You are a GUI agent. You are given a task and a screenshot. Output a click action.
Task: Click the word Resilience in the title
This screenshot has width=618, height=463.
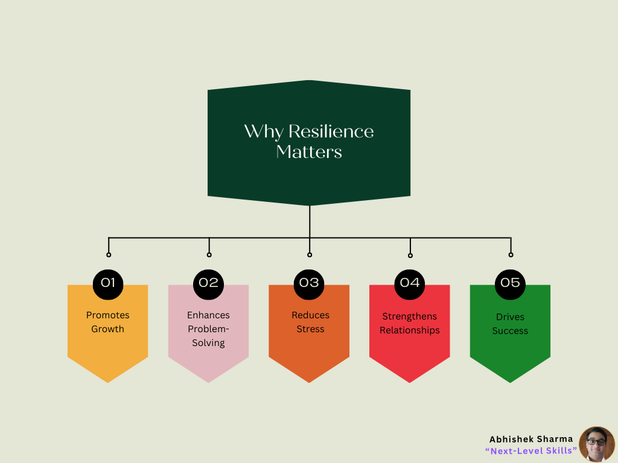(331, 131)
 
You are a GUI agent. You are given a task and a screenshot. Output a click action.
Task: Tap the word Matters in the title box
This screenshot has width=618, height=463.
(309, 152)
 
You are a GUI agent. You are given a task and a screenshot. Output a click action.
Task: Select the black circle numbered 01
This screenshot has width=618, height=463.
(108, 285)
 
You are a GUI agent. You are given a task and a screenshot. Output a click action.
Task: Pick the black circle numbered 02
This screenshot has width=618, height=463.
(208, 285)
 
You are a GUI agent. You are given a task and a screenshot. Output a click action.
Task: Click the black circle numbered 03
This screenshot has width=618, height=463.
(309, 285)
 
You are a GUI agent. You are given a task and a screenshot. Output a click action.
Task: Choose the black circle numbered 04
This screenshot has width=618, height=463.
(410, 285)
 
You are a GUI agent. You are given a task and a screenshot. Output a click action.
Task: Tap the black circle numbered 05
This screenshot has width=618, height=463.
(510, 285)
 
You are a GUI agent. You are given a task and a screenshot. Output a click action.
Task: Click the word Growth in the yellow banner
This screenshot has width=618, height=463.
(107, 329)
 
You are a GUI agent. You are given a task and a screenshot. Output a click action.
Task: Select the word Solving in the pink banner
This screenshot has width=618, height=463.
(208, 343)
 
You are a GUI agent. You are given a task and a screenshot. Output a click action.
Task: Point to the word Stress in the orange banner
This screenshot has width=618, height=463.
(311, 329)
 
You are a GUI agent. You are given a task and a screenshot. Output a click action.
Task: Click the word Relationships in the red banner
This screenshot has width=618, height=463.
(410, 330)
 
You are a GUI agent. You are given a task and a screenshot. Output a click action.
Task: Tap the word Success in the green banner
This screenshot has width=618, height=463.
(510, 331)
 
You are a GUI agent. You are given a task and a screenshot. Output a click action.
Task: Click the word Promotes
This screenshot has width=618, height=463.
(107, 315)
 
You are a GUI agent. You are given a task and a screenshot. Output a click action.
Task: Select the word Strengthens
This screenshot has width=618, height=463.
(410, 317)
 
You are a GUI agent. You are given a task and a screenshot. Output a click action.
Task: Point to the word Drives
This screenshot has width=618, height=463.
(510, 317)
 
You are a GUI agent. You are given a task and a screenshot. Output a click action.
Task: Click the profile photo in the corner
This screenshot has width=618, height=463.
(597, 444)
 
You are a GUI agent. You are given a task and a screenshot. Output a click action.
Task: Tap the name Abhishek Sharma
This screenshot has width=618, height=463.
(531, 439)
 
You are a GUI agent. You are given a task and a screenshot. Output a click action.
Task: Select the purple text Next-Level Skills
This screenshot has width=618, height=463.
(531, 451)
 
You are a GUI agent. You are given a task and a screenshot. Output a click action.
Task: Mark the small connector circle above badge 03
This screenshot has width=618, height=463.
(310, 255)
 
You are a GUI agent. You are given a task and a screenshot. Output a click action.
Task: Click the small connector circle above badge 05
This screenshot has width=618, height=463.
(511, 255)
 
